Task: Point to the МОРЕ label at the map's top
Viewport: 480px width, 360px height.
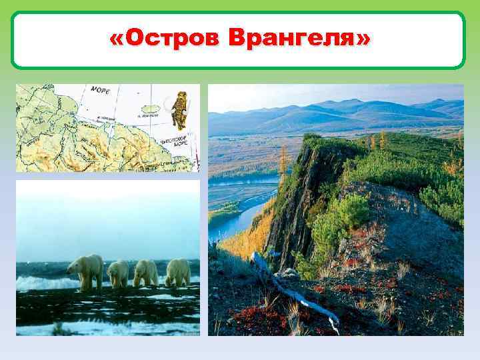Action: pyautogui.click(x=100, y=89)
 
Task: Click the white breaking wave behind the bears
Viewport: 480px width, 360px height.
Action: pyautogui.click(x=40, y=283)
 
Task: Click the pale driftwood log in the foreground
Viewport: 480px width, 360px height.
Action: pyautogui.click(x=293, y=293)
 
